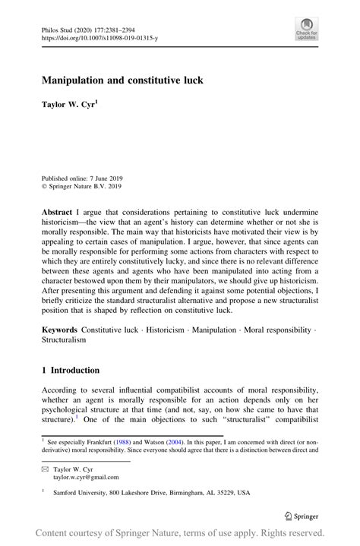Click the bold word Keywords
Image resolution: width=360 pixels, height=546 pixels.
pyautogui.click(x=60, y=330)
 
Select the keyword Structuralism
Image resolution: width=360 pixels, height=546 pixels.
pyautogui.click(x=65, y=341)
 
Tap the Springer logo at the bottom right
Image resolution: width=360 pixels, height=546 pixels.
pyautogui.click(x=304, y=515)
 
